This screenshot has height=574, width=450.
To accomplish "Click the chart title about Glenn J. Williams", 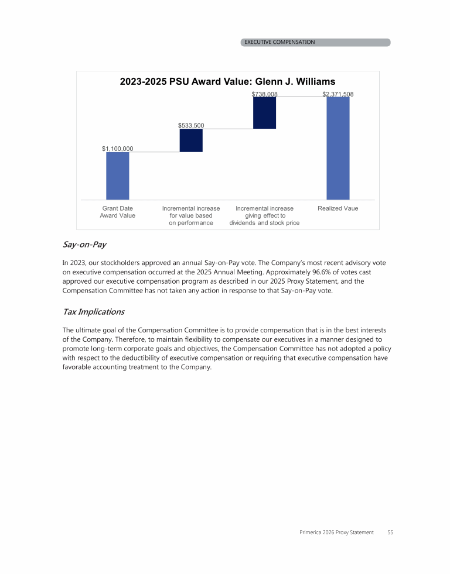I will pyautogui.click(x=227, y=82).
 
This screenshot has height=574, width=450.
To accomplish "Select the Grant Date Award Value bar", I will pyautogui.click(x=117, y=176).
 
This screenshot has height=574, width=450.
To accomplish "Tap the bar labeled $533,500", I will pyautogui.click(x=191, y=140).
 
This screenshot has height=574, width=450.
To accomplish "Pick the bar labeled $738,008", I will pyautogui.click(x=264, y=112).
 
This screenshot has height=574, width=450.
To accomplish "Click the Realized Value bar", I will pyautogui.click(x=337, y=148).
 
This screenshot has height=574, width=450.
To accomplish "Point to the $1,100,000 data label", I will pyautogui.click(x=117, y=149).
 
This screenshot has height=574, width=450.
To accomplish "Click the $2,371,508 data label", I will pyautogui.click(x=337, y=94).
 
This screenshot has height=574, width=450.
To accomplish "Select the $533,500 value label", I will pyautogui.click(x=191, y=125).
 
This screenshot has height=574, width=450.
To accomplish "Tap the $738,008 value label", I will pyautogui.click(x=264, y=94).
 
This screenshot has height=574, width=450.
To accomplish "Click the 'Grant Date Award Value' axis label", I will pyautogui.click(x=117, y=212).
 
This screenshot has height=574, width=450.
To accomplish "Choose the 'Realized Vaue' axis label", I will pyautogui.click(x=337, y=208).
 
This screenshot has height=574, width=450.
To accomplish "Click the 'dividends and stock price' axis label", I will pyautogui.click(x=264, y=223).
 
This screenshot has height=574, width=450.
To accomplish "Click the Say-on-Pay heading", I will pyautogui.click(x=80, y=244).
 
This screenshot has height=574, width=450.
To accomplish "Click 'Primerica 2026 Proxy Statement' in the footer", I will pyautogui.click(x=336, y=532).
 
